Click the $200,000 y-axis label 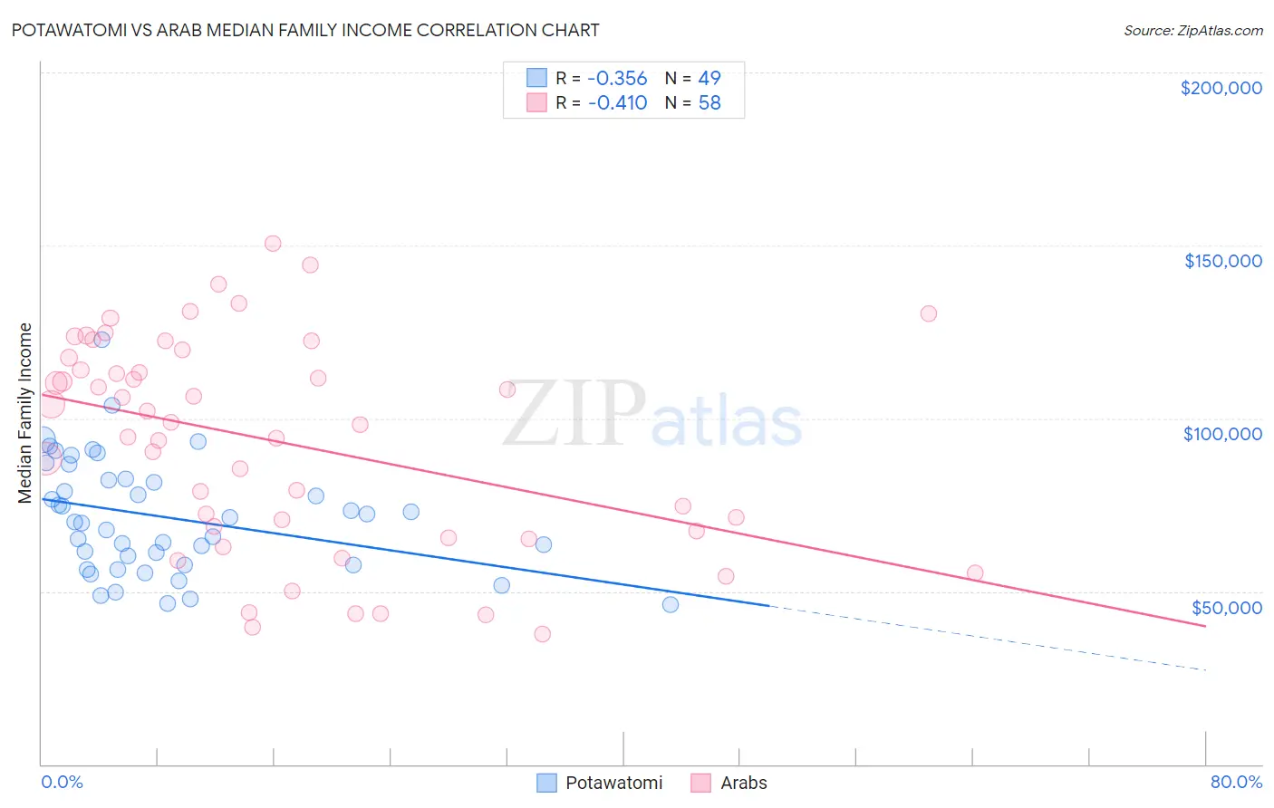coord(1221,88)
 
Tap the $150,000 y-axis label coord(1222,261)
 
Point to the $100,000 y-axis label coord(1222,434)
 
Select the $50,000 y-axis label coord(1226,607)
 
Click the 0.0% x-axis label coord(62,782)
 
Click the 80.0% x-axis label coord(1236,782)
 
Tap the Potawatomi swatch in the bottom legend coord(546,783)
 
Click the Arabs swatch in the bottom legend coord(700,783)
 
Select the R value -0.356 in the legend coord(617,78)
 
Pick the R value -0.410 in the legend coord(617,102)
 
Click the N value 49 coord(709,78)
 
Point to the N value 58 coord(709,102)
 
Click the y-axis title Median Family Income coord(25,413)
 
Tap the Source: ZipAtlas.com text coord(1192,31)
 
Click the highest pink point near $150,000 coord(273,243)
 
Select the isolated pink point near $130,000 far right coord(928,313)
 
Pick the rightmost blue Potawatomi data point coord(671,604)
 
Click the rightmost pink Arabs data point coord(975,572)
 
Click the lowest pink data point coord(542,633)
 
